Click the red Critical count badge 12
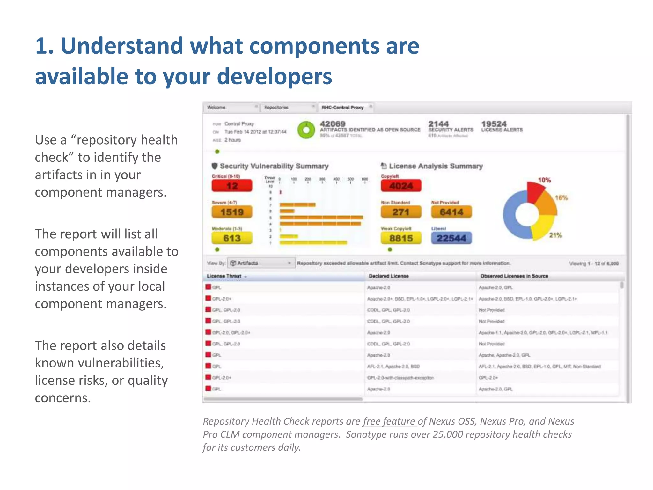click(x=232, y=186)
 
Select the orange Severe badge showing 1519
click(x=232, y=212)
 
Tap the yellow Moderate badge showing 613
click(x=232, y=238)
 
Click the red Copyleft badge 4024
click(x=401, y=186)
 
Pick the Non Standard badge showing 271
click(x=401, y=212)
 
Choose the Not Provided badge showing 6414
click(x=451, y=212)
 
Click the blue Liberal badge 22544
click(x=451, y=238)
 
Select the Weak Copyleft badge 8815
click(x=401, y=238)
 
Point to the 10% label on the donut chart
click(x=544, y=180)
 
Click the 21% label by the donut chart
click(x=555, y=235)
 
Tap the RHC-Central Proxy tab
click(x=343, y=108)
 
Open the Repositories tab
click(x=276, y=108)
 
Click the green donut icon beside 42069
click(x=306, y=130)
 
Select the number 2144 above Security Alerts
click(x=438, y=124)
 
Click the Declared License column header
click(x=389, y=276)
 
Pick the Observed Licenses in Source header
click(x=514, y=276)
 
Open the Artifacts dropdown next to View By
click(x=261, y=263)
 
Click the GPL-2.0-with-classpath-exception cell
click(x=400, y=378)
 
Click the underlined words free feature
click(x=389, y=421)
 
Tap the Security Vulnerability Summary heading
click(x=274, y=166)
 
